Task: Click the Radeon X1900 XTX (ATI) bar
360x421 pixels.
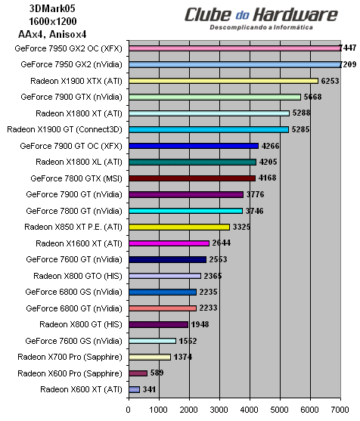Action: coord(223,80)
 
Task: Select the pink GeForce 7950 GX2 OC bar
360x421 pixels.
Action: coord(234,48)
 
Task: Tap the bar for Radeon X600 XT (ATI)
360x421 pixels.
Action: coord(135,389)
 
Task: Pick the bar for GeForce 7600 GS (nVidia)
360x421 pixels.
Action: coord(153,341)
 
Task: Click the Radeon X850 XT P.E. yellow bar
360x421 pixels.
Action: coord(179,227)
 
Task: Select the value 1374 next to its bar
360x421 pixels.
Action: coord(184,357)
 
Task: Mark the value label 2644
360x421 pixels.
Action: coord(222,243)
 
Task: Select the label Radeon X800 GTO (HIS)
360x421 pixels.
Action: coord(78,276)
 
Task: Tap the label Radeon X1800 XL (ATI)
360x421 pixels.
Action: coord(79,162)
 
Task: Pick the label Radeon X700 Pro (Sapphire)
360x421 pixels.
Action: coord(70,357)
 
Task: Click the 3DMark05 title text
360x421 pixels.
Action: coord(39,9)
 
